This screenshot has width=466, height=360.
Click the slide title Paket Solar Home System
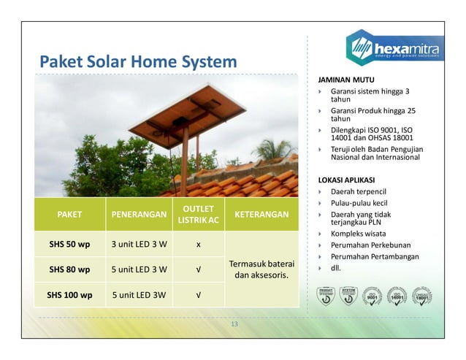tap(138, 61)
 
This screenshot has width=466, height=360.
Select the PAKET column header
tap(69, 215)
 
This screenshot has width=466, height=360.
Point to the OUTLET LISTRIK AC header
tap(199, 215)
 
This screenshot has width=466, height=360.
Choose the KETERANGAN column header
tap(261, 215)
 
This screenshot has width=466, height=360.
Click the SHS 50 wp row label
tap(69, 243)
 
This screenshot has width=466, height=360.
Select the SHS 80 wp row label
tap(69, 269)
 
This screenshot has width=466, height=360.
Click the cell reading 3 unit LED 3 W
tap(139, 243)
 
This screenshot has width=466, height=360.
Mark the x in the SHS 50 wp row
tap(199, 243)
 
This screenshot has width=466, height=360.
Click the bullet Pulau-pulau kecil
tap(359, 202)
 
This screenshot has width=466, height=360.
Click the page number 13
tap(234, 324)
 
